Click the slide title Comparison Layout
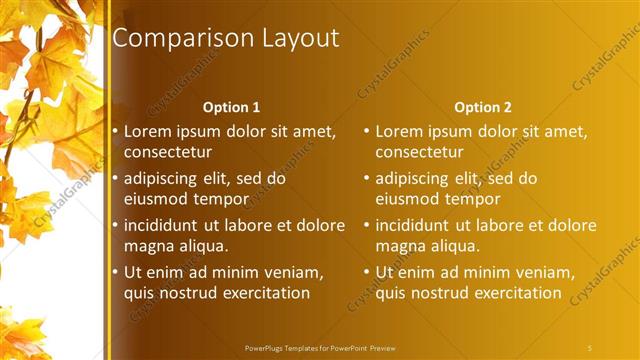225,39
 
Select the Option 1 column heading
231,107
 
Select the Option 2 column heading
482,107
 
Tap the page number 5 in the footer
590,347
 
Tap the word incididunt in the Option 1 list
165,225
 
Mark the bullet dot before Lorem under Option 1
116,131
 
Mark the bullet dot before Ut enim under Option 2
367,271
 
